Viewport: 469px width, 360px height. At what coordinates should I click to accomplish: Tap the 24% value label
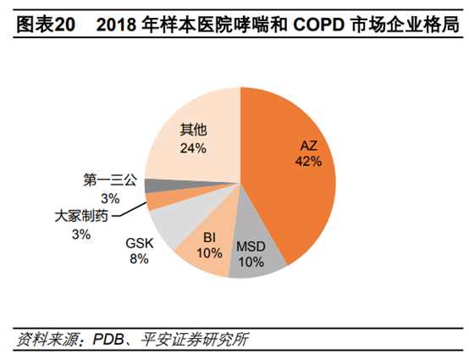coord(193,148)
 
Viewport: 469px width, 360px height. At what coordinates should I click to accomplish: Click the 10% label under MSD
coord(251,263)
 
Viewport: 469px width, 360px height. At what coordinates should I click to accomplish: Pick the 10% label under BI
coord(208,252)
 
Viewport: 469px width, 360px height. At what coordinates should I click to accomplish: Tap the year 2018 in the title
coord(115,25)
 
